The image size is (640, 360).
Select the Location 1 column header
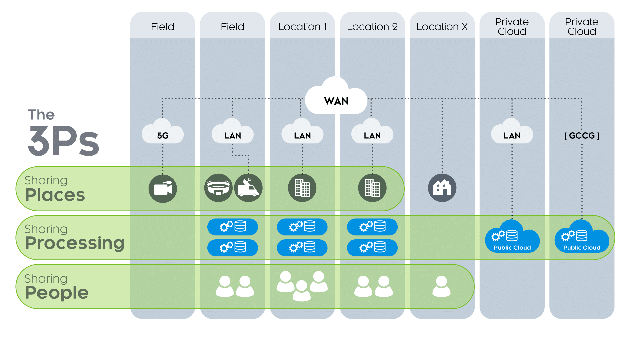coord(302,27)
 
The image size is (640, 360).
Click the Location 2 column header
coord(372,27)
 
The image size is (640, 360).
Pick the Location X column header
coord(442,27)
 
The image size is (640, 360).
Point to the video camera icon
coord(163,189)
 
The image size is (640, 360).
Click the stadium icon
coord(218,188)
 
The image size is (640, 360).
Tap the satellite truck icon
coord(248,188)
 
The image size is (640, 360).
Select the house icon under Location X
coord(442,188)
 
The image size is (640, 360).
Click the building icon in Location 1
coord(302,188)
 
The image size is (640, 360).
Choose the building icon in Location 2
coord(372,188)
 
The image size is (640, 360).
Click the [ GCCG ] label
coord(582,136)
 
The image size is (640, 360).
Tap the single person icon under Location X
coord(441,286)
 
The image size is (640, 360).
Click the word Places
coord(55,195)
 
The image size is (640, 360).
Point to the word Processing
coord(75,243)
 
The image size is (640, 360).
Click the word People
coord(57,293)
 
